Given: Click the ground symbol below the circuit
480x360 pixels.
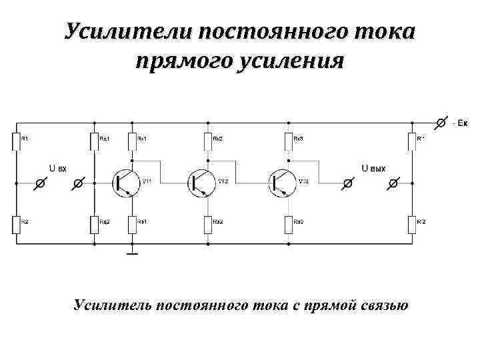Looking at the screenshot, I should pyautogui.click(x=133, y=253).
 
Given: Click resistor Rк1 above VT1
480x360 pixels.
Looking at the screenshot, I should pyautogui.click(x=133, y=141).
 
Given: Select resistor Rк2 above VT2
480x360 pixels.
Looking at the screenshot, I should pyautogui.click(x=208, y=141).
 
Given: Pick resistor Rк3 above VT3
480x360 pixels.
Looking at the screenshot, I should pyautogui.click(x=289, y=141).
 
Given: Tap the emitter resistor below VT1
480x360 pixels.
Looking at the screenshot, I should pyautogui.click(x=133, y=224).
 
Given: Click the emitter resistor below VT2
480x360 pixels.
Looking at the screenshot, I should pyautogui.click(x=208, y=224).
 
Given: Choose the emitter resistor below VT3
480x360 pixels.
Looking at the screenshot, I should pyautogui.click(x=289, y=224).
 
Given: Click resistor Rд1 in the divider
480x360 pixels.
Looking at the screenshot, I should pyautogui.click(x=94, y=141).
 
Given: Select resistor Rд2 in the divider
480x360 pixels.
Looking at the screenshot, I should pyautogui.click(x=94, y=224).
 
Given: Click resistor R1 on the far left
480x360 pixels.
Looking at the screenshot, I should pyautogui.click(x=17, y=141).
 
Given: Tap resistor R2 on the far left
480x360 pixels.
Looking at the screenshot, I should pyautogui.click(x=17, y=224).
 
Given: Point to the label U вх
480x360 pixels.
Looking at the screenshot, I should pyautogui.click(x=57, y=168).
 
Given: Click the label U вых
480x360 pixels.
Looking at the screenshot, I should pyautogui.click(x=373, y=168).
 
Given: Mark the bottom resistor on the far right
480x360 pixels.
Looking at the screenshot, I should pyautogui.click(x=412, y=224).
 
